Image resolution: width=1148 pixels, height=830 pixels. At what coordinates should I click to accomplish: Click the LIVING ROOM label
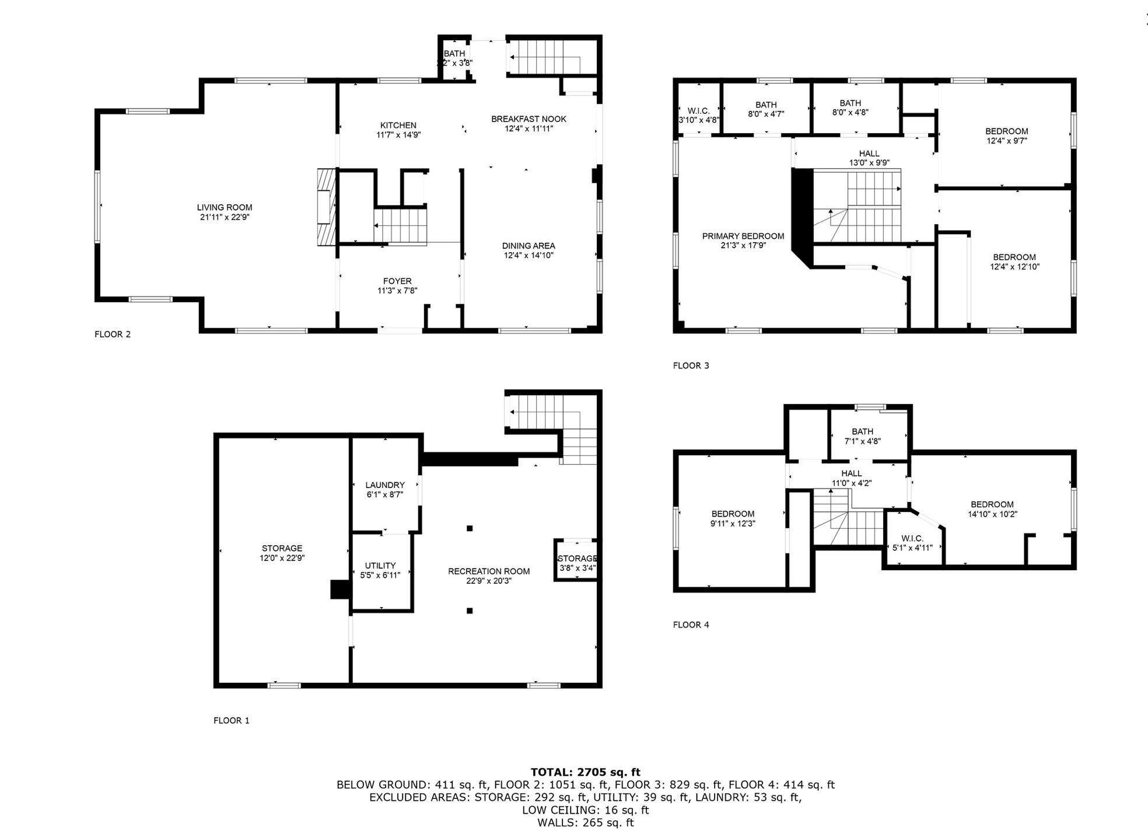pos(225,207)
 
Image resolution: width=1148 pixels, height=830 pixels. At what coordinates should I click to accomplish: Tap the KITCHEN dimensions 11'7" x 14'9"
pos(398,135)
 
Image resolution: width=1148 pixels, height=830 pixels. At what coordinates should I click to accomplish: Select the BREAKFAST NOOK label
pos(528,119)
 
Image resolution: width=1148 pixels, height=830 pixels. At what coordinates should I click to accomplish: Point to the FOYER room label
pos(397,281)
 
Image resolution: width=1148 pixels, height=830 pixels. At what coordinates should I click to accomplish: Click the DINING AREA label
pos(528,246)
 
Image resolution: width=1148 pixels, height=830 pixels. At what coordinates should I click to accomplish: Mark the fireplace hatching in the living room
pos(327,207)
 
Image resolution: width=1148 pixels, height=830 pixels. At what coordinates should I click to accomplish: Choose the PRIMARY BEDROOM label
pos(743,236)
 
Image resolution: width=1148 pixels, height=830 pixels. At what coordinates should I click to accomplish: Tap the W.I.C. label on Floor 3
pos(699,111)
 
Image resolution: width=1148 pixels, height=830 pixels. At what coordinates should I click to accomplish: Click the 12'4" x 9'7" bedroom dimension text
pos(1007,141)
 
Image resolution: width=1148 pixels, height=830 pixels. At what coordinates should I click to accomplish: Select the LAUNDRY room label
pos(385,485)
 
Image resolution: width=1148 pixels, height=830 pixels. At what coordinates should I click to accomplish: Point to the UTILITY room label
pos(380,566)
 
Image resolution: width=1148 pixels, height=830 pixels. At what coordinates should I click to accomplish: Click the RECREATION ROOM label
pos(489,571)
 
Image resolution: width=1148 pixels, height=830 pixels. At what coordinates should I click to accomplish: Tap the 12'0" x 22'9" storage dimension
pos(282,558)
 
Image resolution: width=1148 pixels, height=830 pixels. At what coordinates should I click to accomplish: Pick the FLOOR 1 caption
pos(232,720)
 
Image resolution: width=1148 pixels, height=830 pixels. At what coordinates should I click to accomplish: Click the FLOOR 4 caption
pos(691,625)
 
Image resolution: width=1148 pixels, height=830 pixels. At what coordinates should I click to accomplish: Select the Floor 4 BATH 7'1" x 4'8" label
pos(863,437)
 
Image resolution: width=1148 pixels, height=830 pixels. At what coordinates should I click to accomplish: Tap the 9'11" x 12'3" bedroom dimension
pos(733,524)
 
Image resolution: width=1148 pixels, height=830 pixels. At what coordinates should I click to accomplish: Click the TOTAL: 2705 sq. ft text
pos(586,772)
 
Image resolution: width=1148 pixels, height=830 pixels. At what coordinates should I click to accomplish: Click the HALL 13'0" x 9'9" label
pos(869,158)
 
